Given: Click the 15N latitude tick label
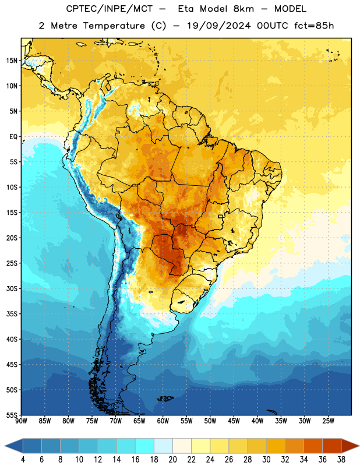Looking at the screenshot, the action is tap(12, 61).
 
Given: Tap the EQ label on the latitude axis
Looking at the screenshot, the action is tap(13, 137).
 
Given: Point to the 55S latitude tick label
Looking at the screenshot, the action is tap(12, 415).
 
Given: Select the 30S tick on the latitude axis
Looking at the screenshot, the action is tap(12, 288).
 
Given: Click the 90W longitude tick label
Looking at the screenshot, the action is tap(21, 421).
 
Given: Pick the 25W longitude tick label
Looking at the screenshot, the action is tap(328, 421).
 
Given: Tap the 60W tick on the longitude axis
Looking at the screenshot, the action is tap(163, 421).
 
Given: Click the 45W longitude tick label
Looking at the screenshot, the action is tap(234, 421).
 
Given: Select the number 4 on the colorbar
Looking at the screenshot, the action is tap(23, 460).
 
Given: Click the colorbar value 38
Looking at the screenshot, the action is tap(341, 460).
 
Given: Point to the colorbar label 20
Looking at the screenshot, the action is tap(172, 460).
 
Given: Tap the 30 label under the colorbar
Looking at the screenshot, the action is tap(266, 460).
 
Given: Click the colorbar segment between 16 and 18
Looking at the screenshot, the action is tap(144, 446).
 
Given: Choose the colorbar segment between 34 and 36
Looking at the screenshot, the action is tap(313, 446).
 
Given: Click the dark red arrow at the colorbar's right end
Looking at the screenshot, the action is tap(350, 446).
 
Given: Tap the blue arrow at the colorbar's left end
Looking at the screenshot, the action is tap(14, 446).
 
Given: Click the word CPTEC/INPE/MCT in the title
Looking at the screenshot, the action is tap(109, 9).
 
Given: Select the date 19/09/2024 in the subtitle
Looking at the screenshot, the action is tap(219, 26).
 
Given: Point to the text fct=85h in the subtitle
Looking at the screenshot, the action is tap(314, 26).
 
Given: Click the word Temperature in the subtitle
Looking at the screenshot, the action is tap(114, 26).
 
